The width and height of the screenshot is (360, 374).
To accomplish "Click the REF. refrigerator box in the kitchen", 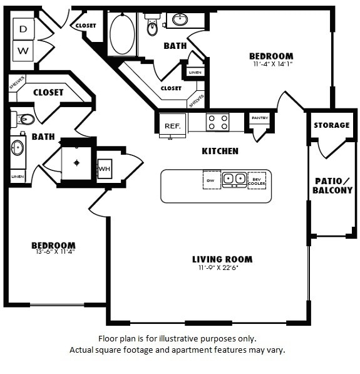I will (172, 125).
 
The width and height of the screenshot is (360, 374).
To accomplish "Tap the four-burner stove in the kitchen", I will (217, 122).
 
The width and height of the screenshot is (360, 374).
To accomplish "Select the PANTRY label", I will (259, 118).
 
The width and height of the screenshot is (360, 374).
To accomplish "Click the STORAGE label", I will (331, 125).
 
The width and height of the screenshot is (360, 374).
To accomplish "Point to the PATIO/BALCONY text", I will (333, 185).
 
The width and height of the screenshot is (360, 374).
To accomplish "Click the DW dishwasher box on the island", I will (211, 179).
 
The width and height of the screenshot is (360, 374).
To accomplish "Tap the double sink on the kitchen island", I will (234, 179).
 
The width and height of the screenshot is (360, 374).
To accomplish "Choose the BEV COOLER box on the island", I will (257, 179).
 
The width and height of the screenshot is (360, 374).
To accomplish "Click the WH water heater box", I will (104, 169).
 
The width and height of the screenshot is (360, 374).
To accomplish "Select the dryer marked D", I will (23, 29).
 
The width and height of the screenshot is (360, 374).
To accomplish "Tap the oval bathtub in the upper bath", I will (122, 34).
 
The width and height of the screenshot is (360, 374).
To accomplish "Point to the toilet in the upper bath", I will (152, 26).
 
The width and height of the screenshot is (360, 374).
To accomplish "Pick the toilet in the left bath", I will (24, 118).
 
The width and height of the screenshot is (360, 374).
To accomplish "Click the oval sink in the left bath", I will (18, 148).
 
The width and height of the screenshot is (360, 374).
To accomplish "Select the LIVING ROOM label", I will (222, 259).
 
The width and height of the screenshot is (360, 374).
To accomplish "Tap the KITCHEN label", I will (220, 151).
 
